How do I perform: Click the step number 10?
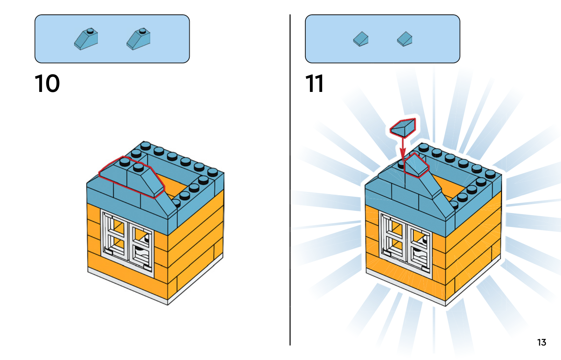47,84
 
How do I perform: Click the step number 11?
314,84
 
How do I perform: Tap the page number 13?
541,342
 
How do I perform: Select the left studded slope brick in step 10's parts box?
86,39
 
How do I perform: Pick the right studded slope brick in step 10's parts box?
138,39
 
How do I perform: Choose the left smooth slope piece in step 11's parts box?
361,39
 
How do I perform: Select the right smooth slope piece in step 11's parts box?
405,39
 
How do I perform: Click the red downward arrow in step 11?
403,148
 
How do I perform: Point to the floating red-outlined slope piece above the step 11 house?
403,128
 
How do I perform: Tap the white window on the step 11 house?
405,245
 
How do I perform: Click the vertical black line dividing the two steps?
290,180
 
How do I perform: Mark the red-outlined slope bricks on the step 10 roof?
132,177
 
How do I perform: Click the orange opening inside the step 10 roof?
173,186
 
